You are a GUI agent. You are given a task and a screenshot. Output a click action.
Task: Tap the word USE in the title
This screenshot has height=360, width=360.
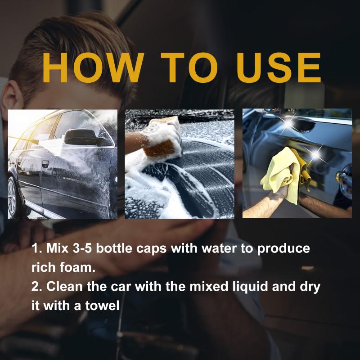[279, 67]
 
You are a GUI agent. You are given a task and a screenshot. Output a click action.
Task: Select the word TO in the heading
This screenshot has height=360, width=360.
[189, 67]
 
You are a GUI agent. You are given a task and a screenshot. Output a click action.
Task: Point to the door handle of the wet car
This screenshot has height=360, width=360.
[45, 164]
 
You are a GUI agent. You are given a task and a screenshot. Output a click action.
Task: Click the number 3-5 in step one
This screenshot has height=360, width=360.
[82, 248]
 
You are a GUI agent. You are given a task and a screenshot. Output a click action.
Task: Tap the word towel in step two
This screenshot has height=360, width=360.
[103, 306]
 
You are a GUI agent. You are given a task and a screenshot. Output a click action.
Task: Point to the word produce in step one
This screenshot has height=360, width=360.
[283, 249]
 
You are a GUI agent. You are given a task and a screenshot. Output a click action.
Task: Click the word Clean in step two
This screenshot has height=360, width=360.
[64, 287]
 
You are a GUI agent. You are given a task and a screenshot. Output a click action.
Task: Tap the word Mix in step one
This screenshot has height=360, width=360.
[58, 248]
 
